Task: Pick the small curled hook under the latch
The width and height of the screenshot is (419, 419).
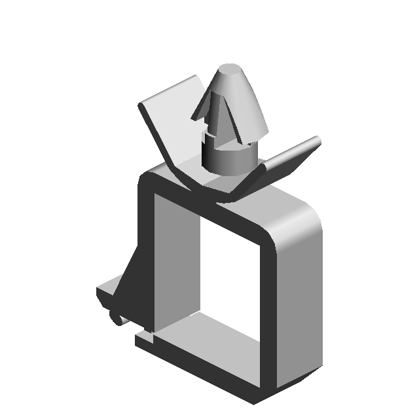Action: (x=116, y=319)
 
